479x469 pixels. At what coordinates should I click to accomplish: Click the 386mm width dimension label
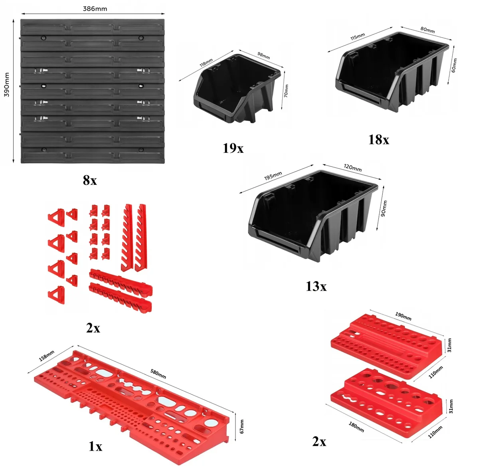tap(95, 9)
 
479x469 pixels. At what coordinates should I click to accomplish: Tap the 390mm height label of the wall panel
tap(7, 85)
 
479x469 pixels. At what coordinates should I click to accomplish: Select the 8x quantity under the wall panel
tap(90, 180)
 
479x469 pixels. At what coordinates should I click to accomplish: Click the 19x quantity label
tap(233, 148)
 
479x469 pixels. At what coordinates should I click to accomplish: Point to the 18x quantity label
tap(378, 140)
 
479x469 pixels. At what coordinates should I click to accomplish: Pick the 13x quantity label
tap(316, 286)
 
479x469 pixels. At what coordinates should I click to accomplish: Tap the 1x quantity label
tap(95, 446)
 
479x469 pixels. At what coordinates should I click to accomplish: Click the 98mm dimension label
tap(263, 55)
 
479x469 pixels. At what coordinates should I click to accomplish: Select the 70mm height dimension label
tap(286, 91)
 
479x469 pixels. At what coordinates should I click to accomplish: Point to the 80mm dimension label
tap(428, 30)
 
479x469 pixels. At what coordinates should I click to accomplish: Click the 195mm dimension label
tap(273, 176)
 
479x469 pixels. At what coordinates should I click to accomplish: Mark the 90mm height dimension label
tap(384, 208)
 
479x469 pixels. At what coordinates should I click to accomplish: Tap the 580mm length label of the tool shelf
tap(158, 374)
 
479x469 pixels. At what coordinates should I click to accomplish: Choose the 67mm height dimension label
tap(241, 426)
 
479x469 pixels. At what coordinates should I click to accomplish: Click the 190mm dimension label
tap(403, 316)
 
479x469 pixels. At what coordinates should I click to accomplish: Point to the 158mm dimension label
tap(46, 356)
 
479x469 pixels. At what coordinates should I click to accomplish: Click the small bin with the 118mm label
tap(237, 89)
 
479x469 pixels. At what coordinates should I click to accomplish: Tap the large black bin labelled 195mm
tap(313, 216)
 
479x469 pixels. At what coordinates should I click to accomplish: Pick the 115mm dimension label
tap(357, 37)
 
